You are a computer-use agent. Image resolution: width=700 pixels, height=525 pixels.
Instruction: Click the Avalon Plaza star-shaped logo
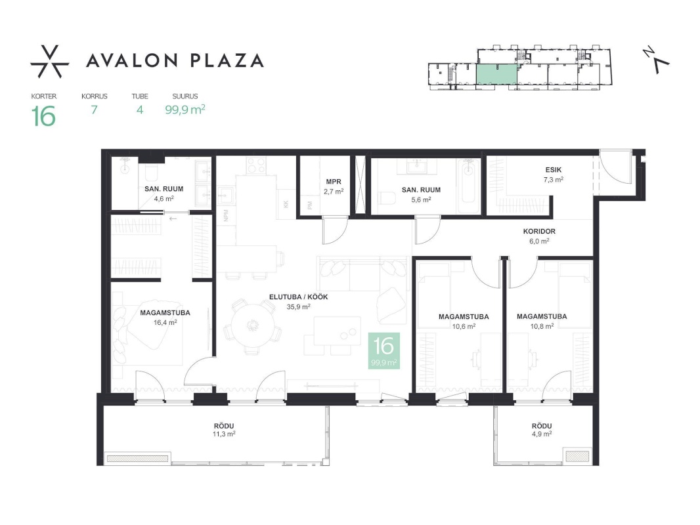tap(49, 62)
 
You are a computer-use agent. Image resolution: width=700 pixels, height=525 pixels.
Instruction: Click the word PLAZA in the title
tap(227, 60)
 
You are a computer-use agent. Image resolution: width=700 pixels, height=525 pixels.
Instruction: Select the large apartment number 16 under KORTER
tap(44, 116)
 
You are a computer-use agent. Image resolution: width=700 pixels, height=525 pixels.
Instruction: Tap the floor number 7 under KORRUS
tap(94, 110)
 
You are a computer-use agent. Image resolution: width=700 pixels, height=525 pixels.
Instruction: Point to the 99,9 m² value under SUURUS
tap(185, 110)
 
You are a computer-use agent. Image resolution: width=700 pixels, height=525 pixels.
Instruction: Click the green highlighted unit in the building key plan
tap(496, 74)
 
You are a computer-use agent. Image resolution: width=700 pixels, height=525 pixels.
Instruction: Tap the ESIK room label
tap(553, 170)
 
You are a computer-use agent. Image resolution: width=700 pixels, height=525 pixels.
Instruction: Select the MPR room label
tap(334, 182)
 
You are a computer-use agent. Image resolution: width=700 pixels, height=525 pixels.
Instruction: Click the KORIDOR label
tap(539, 232)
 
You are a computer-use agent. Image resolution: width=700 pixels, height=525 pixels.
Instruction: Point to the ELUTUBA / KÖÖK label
tap(298, 297)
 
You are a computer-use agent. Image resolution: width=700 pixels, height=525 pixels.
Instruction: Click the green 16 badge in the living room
tap(384, 350)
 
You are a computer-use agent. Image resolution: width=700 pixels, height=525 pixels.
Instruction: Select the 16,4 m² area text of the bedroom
tap(165, 322)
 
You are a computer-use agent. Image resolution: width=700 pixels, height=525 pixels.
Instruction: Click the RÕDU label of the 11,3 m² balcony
tap(224, 426)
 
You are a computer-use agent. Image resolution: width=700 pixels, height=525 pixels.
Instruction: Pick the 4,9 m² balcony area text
tap(541, 434)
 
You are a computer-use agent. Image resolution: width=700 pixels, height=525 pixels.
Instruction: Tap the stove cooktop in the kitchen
tap(257, 165)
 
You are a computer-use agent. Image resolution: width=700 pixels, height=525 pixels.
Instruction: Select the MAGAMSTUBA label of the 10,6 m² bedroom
tap(464, 317)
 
